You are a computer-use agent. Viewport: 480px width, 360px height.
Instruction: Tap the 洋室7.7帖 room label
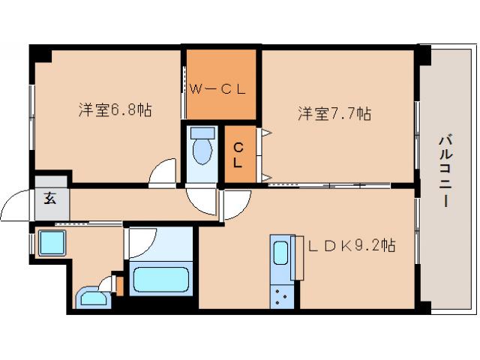click(x=334, y=114)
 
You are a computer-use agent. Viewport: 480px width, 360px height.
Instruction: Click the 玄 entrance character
click(x=50, y=199)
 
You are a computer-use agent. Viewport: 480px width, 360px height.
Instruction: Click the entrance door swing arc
click(x=16, y=203)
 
